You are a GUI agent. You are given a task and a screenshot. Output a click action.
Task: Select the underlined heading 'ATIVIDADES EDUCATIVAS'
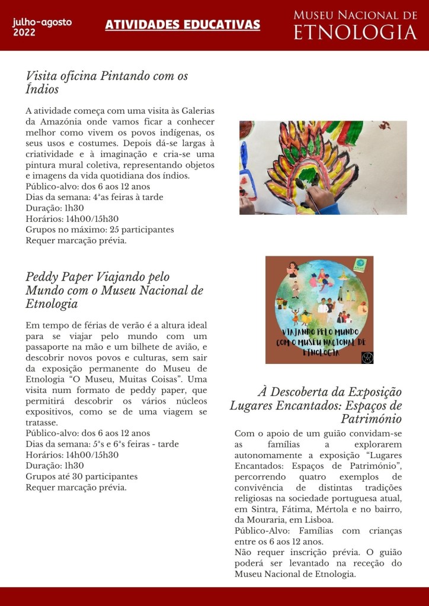pos(183,24)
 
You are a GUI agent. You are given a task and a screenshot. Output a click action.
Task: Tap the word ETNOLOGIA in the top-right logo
pos(356,33)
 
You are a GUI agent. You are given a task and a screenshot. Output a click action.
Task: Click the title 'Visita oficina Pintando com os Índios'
pos(107,83)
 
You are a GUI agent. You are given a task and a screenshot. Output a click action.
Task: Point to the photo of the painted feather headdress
pos(323,167)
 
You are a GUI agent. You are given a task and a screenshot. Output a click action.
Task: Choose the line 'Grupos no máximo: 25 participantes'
pos(100,230)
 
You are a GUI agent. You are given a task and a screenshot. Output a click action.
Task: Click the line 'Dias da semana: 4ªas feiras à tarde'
pos(94,197)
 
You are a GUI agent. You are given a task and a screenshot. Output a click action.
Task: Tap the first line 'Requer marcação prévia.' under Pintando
pos(76,240)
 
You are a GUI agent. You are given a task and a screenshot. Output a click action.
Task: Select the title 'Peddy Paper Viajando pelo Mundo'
pos(114,291)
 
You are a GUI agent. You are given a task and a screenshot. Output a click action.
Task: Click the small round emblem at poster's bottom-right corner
pos(366,357)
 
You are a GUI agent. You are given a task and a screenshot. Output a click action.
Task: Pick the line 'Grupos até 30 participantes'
pos(81,476)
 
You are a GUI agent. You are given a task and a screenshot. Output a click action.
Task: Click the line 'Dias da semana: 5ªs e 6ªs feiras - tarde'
pos(102,444)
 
